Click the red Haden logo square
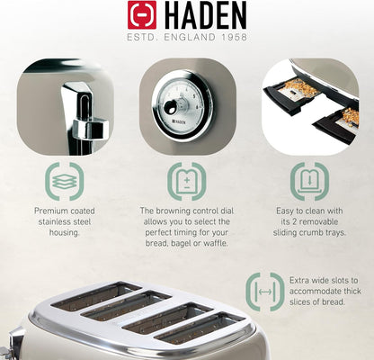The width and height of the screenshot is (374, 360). coord(142,14)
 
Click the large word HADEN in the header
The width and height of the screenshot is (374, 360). coord(205,15)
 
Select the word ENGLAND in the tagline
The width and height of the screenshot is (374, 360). coord(190,37)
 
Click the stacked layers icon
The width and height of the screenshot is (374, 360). coord(65,182)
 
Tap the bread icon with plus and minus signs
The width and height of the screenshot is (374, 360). coord(187,182)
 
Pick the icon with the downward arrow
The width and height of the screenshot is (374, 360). coord(309,182)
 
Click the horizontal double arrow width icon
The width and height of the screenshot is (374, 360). coord(265,292)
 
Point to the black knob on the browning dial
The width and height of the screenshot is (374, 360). coord(171,107)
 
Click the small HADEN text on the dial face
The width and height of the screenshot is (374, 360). coord(179,121)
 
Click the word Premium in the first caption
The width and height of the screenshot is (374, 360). coord(50,211)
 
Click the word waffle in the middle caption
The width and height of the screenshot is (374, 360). coord(215,243)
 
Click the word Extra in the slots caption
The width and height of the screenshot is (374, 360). coord(298,281)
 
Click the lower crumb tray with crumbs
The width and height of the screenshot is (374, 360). coord(335,126)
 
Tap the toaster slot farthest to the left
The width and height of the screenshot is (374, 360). coord(96,295)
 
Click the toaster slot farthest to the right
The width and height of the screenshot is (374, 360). coord(200,329)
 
